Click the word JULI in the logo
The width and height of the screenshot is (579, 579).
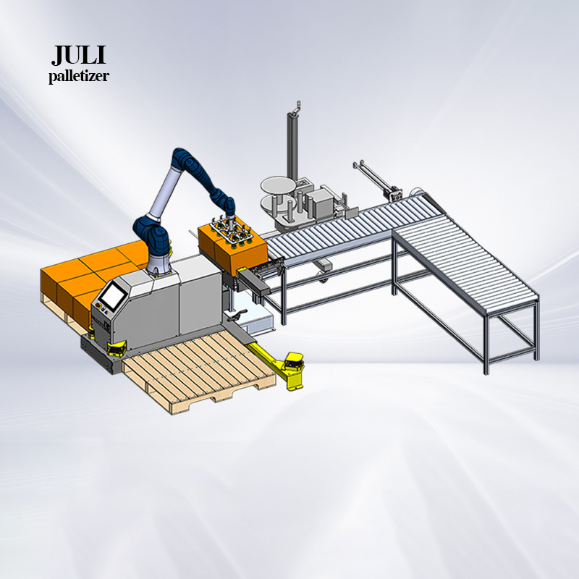[x=78, y=55]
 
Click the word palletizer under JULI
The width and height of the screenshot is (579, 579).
[x=79, y=77]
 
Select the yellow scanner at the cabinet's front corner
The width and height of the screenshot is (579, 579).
[x=116, y=349]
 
